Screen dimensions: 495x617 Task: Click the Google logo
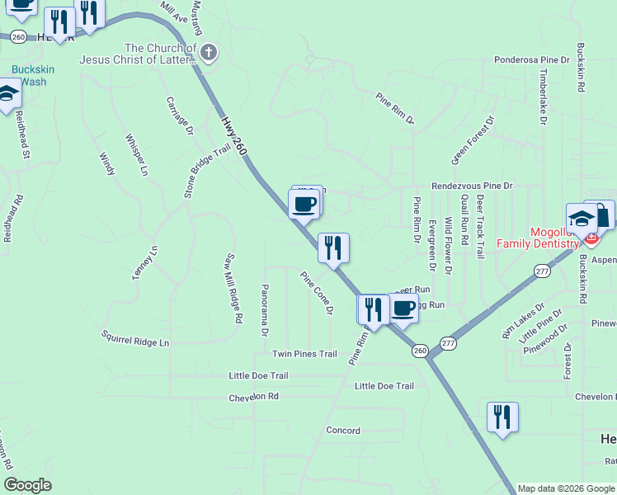[27, 485]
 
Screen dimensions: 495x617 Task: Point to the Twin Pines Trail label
[304, 354]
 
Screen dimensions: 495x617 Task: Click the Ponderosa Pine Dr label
[532, 60]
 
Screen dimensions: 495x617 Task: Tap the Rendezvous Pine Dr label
[472, 186]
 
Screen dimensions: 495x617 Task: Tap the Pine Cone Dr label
[318, 292]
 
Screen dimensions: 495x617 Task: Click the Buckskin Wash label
[33, 76]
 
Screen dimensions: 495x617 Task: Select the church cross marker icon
[209, 54]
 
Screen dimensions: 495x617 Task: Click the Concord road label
[343, 431]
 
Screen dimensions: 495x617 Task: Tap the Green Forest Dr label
[473, 139]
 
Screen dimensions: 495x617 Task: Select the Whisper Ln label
[137, 154]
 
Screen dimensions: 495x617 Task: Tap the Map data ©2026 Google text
[566, 488]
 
